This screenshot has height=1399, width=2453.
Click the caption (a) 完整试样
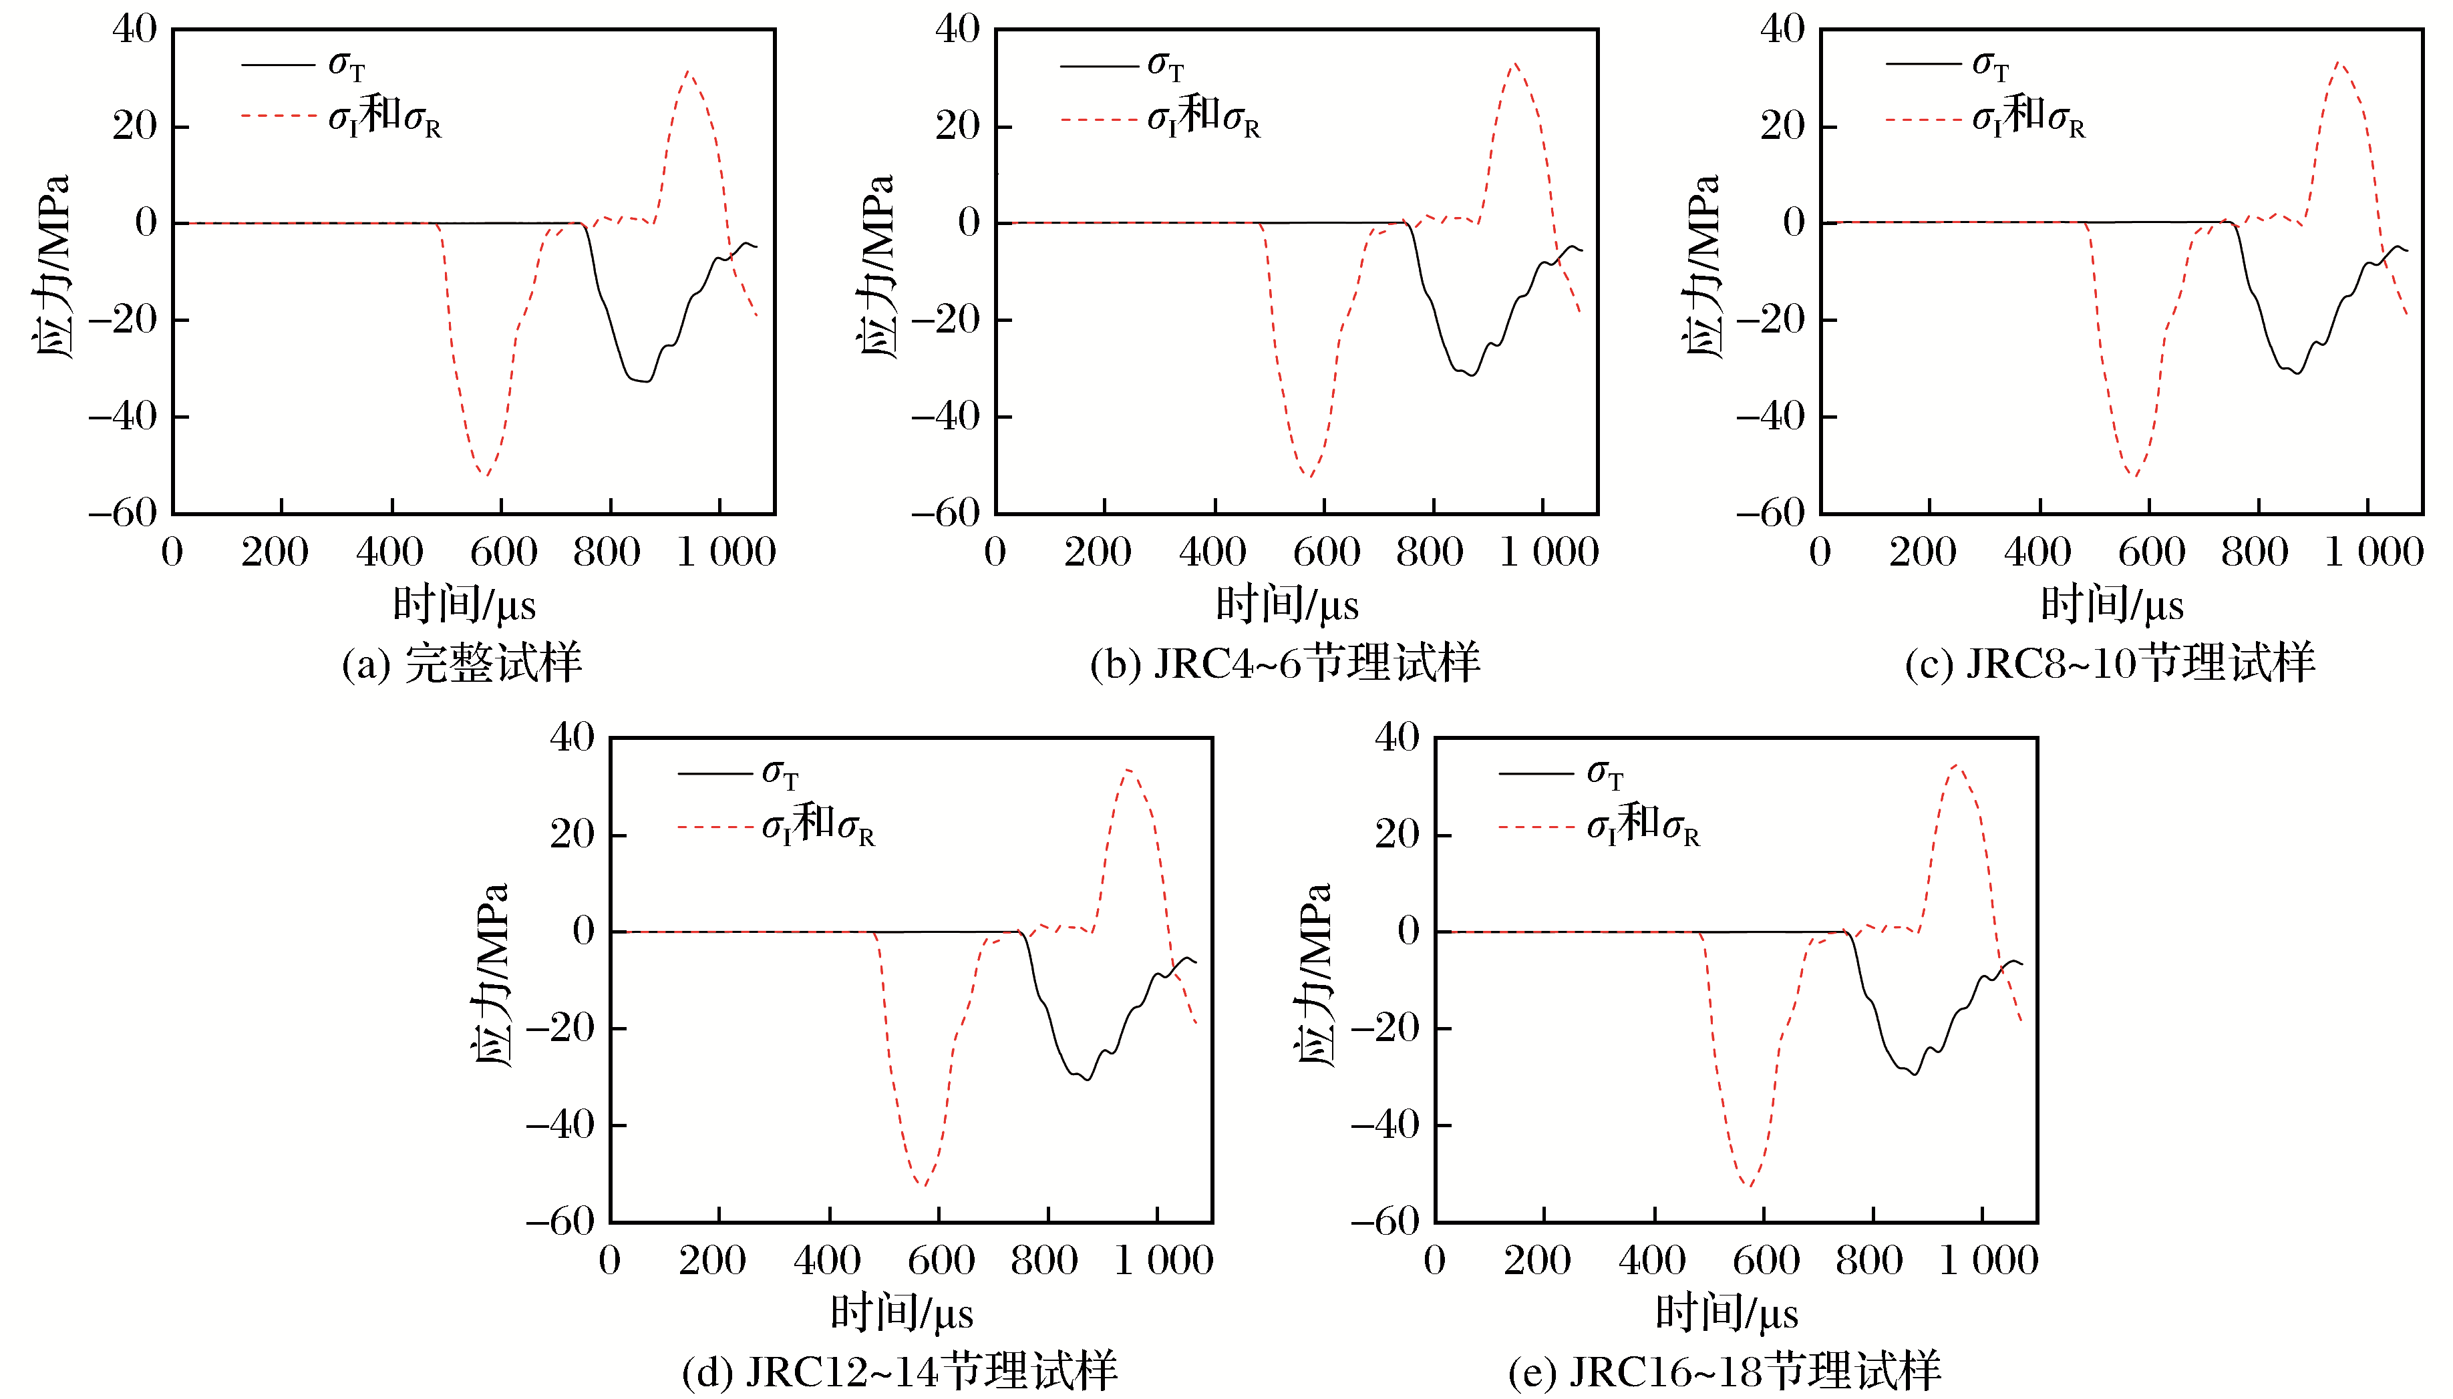tap(462, 664)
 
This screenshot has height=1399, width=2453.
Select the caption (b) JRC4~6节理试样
tap(1284, 664)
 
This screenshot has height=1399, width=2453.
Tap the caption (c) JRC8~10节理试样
tap(2109, 664)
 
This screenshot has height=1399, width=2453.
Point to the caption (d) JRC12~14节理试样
tap(898, 1371)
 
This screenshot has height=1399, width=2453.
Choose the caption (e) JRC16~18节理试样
tap(1724, 1371)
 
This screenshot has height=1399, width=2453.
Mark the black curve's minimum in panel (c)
tap(2296, 373)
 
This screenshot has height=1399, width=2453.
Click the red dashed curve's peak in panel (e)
tap(1955, 766)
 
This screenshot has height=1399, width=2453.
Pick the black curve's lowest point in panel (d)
tap(1086, 1079)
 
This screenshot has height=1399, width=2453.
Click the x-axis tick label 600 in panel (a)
tap(503, 552)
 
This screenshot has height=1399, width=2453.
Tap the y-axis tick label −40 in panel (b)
tap(945, 417)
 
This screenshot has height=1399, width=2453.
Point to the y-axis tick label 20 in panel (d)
tap(573, 834)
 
